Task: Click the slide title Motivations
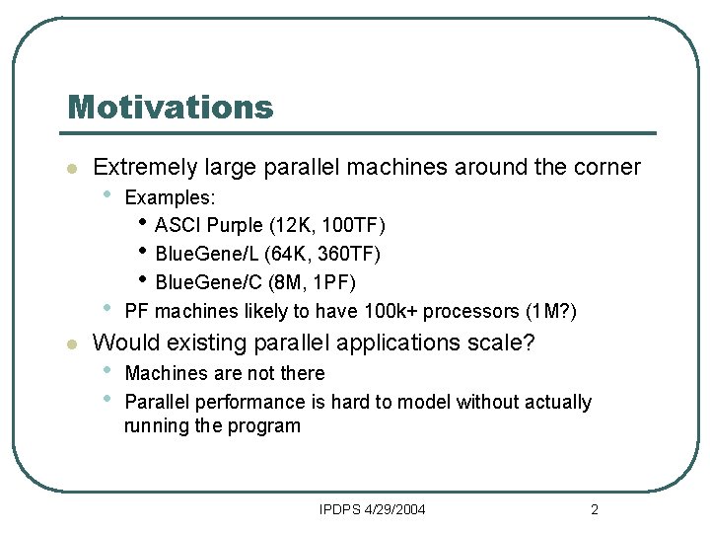pyautogui.click(x=170, y=107)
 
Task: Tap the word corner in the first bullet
pyautogui.click(x=605, y=168)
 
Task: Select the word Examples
pyautogui.click(x=170, y=198)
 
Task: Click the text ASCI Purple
pyautogui.click(x=207, y=226)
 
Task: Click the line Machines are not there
pyautogui.click(x=225, y=373)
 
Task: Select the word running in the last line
pyautogui.click(x=155, y=426)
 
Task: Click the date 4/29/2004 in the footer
pyautogui.click(x=394, y=509)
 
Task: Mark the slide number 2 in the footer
pyautogui.click(x=594, y=509)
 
